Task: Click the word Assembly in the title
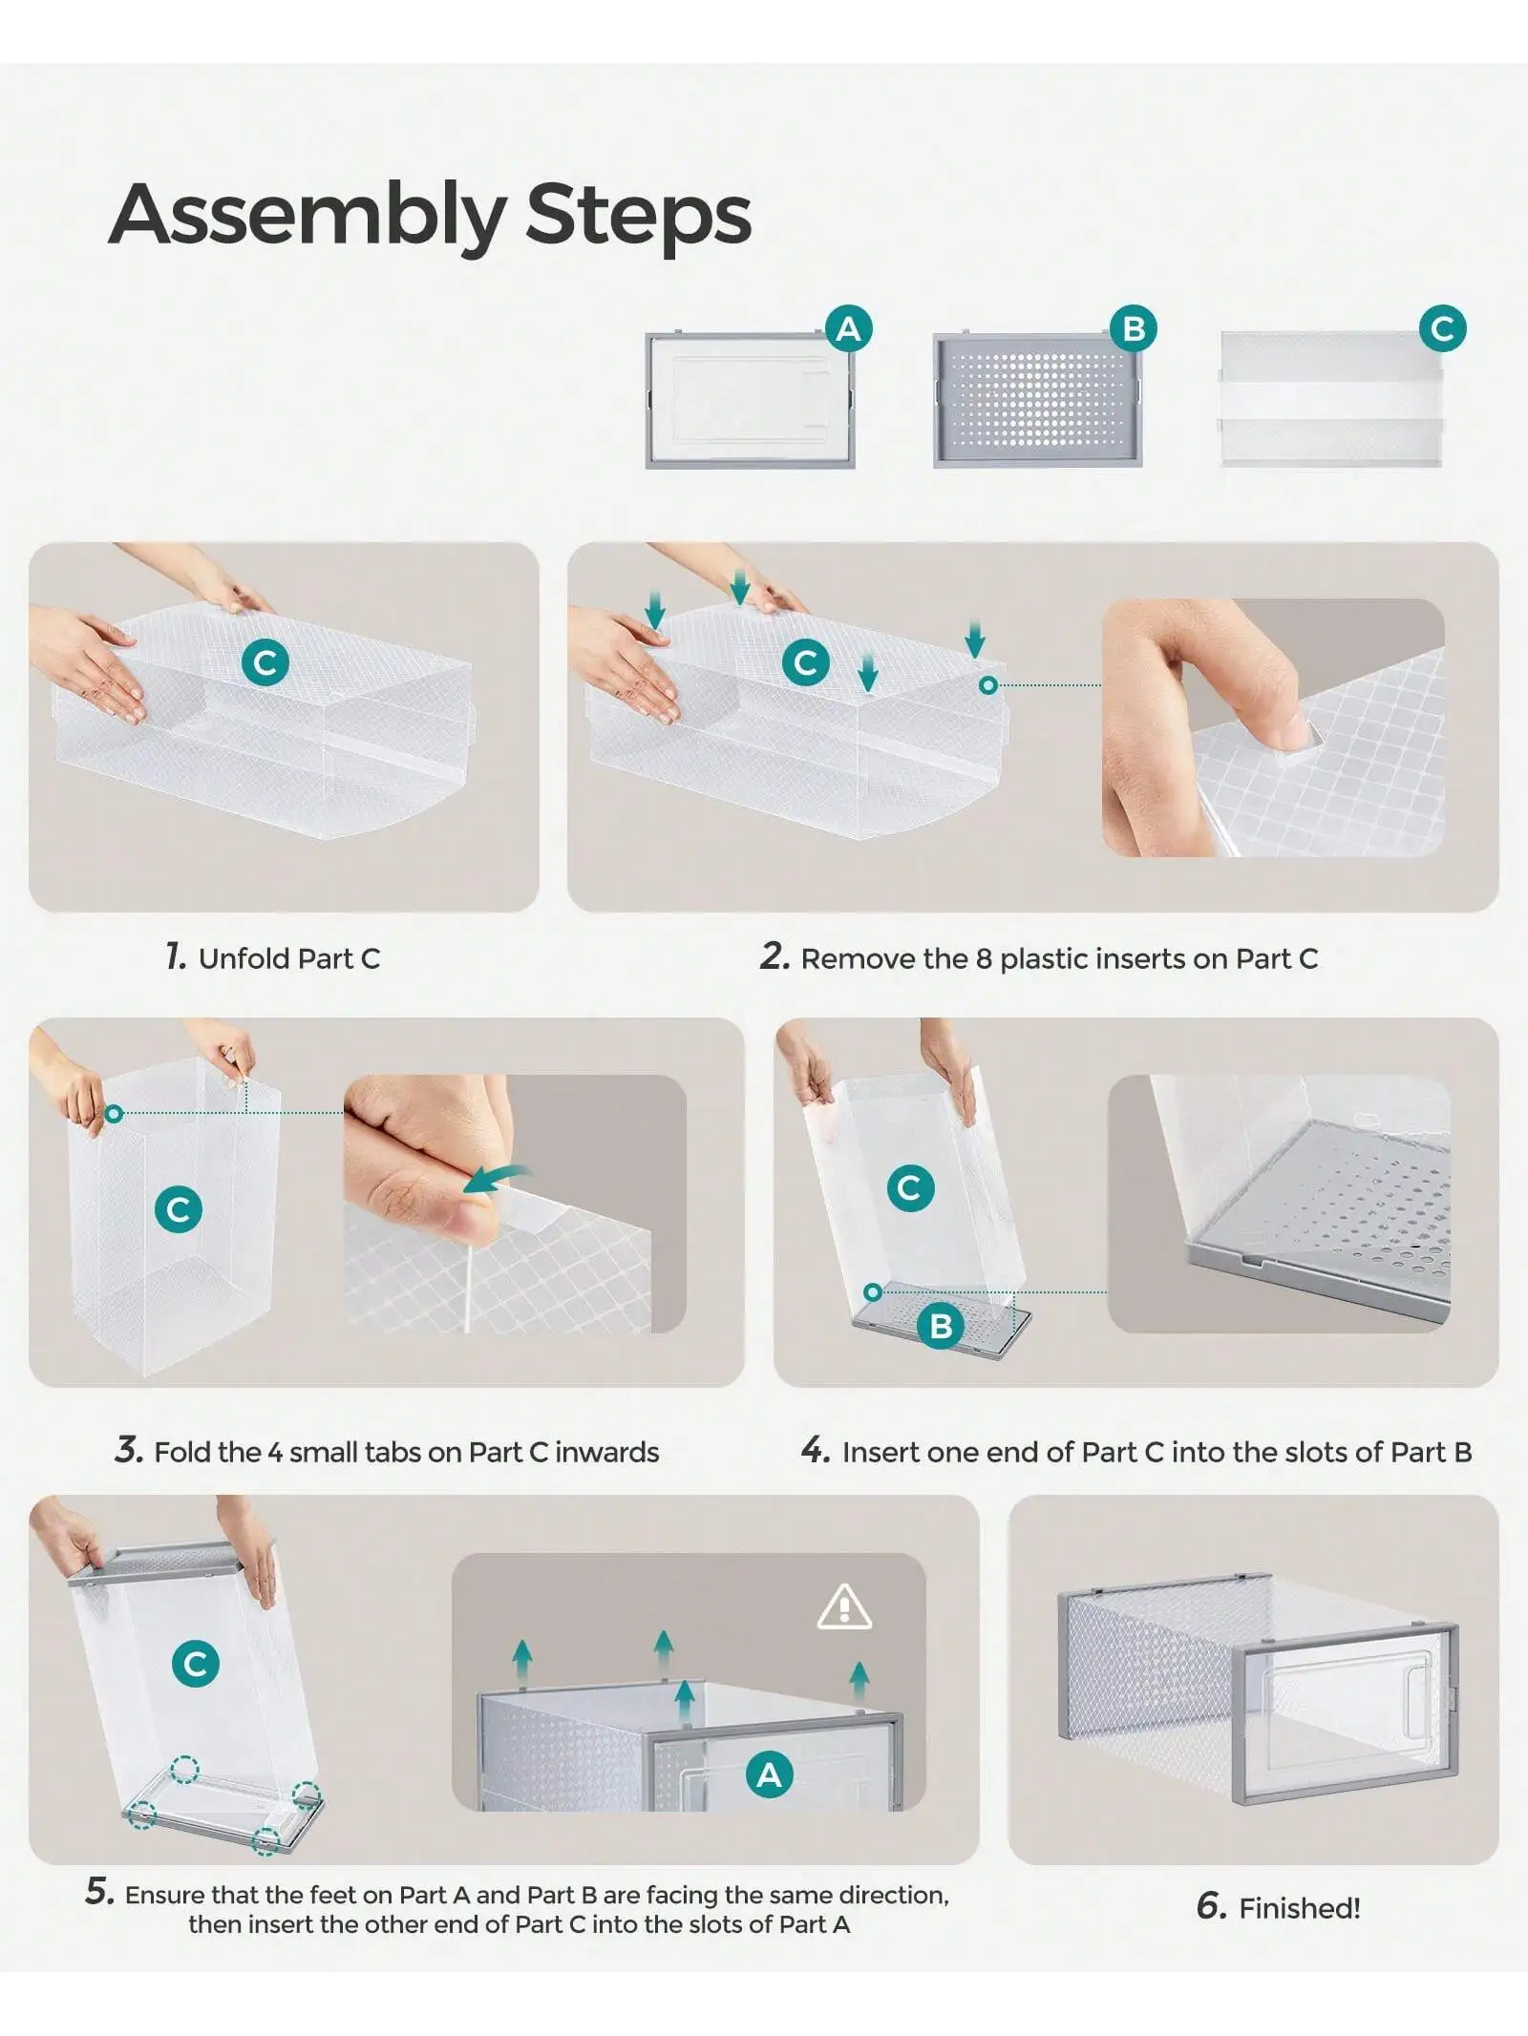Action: pos(307,216)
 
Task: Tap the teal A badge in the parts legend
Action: pos(848,329)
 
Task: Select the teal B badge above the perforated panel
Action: pos(1134,329)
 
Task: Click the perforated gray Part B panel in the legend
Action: pos(1037,401)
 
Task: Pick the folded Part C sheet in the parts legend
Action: pos(1331,399)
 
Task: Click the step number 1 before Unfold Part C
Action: pos(176,955)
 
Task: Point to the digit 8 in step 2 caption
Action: pos(984,958)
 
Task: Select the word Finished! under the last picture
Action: pos(1299,1908)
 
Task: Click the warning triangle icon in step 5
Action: pos(844,1607)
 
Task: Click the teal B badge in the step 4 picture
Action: pos(941,1326)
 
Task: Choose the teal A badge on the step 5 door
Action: pos(770,1774)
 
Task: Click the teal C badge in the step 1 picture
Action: pos(265,662)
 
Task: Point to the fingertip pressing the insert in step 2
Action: pos(1294,733)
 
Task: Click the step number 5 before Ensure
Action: pos(99,1891)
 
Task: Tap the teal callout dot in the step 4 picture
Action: pos(872,1292)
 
